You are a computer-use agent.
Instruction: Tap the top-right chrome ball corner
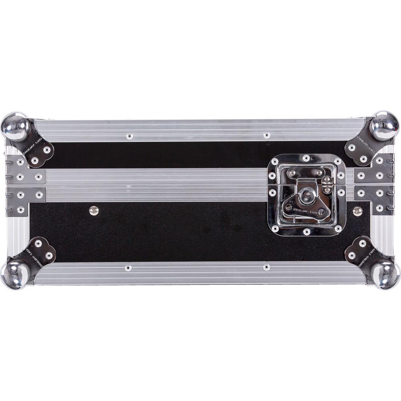384,126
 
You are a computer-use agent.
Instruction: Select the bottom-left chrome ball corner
14,274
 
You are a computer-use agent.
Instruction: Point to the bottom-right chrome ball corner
385,274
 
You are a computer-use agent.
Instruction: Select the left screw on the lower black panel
94,210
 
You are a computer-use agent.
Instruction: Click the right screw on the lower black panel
358,211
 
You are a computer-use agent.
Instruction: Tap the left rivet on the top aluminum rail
129,136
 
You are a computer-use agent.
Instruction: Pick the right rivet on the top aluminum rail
267,135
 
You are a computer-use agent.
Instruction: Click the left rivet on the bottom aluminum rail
128,267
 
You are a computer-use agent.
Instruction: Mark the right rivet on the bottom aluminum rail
266,267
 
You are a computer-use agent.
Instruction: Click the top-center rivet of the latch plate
306,158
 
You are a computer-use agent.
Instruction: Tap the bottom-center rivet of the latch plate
307,232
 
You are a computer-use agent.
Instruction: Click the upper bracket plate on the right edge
374,170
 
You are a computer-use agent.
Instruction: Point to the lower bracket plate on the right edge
374,198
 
